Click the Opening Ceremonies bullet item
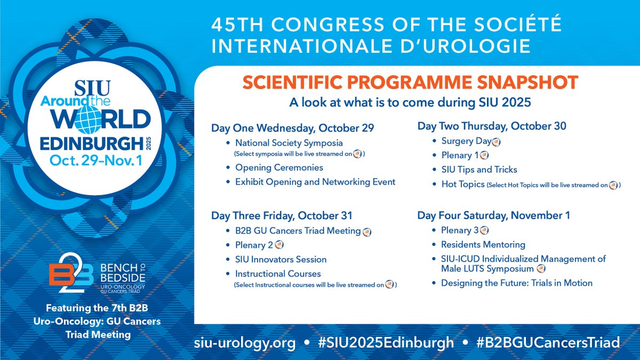(271, 167)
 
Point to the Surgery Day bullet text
(465, 141)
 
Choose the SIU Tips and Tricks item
(479, 170)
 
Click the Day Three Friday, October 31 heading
(282, 216)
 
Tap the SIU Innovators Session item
(281, 259)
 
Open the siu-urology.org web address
(244, 342)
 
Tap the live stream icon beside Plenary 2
(279, 245)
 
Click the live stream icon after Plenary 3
(484, 230)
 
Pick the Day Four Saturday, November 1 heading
(494, 216)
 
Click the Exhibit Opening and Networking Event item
(315, 182)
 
